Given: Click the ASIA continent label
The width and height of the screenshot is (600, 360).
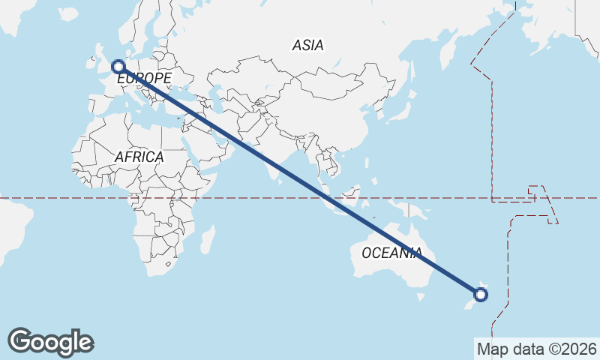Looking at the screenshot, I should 308,46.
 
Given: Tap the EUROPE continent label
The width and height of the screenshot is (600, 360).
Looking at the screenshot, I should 145,78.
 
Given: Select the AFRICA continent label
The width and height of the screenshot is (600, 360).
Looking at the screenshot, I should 139,157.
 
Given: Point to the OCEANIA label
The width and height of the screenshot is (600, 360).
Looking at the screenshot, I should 391,253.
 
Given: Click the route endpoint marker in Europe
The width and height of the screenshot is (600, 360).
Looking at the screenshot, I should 118,67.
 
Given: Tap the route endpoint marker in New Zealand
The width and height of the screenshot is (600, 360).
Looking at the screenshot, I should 481,294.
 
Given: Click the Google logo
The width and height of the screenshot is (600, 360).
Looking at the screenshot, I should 50,342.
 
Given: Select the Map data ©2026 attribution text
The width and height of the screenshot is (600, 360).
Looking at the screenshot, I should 537,349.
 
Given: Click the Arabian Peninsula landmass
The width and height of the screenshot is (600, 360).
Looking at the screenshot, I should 210,142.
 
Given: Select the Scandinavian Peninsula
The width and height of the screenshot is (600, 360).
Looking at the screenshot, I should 139,30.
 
